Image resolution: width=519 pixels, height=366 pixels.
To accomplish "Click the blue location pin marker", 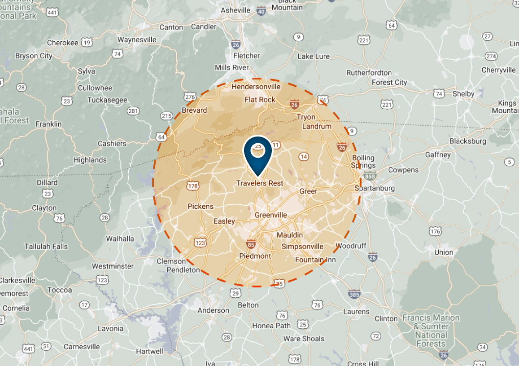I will pos(258,155).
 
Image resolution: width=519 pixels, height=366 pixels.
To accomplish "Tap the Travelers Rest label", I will pos(260,183).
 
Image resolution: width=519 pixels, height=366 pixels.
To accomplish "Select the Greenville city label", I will pos(270,215).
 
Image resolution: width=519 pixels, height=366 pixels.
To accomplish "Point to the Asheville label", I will pos(236,10).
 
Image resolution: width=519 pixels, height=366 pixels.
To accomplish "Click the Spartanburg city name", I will pos(375,188).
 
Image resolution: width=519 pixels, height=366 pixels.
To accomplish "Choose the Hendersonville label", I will pos(256,86).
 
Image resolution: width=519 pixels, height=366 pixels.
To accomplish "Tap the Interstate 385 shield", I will pos(354,295).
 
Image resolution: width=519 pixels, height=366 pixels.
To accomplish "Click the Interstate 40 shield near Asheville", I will pos(261,10).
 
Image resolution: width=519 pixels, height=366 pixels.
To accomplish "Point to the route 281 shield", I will pos(133,111).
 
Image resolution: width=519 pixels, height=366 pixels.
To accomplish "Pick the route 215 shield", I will pos(166,116).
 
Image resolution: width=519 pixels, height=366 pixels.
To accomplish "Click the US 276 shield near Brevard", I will pos(190,97).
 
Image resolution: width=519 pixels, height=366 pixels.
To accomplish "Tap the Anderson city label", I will pos(213,310).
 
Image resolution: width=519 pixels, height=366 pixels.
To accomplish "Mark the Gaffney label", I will pos(438,155).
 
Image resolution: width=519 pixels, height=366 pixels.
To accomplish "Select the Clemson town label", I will pos(171,261).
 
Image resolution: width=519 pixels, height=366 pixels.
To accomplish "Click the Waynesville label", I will pos(137,40).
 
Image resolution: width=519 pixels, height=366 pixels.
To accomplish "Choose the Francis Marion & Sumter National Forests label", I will pos(431,331).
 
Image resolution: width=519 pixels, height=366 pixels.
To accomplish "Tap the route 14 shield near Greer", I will pos(304,156).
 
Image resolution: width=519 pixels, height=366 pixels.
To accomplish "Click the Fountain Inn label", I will pos(315,260).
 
